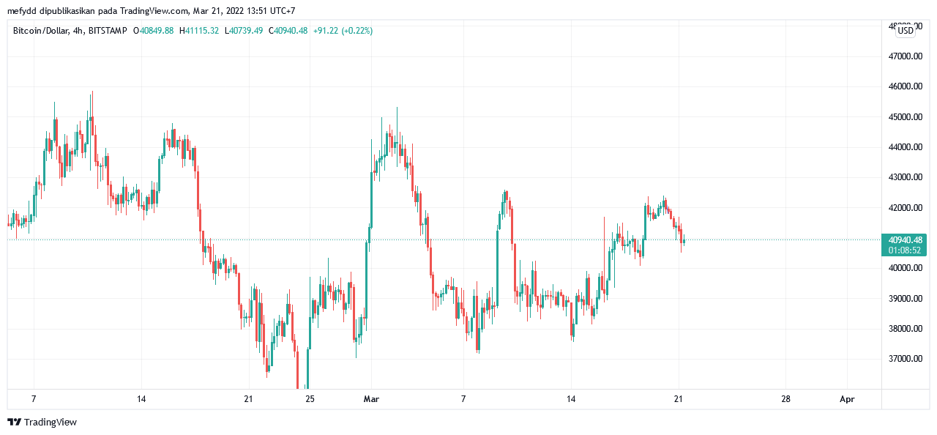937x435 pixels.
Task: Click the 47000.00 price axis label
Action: pyautogui.click(x=905, y=56)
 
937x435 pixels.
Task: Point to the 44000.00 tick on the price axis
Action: pyautogui.click(x=905, y=147)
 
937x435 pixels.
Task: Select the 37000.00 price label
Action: pyautogui.click(x=905, y=359)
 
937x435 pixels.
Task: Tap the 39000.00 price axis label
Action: pyautogui.click(x=905, y=299)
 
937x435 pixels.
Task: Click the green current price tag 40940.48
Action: pyautogui.click(x=906, y=239)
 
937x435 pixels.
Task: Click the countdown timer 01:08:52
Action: pyautogui.click(x=906, y=250)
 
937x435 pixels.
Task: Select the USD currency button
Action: pyautogui.click(x=906, y=31)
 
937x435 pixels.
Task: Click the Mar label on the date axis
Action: pyautogui.click(x=371, y=399)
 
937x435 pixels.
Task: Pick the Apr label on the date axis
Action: pyautogui.click(x=847, y=399)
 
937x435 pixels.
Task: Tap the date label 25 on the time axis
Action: pyautogui.click(x=310, y=399)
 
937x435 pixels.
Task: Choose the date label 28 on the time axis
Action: pyautogui.click(x=785, y=399)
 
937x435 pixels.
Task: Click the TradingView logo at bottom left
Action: pyautogui.click(x=42, y=423)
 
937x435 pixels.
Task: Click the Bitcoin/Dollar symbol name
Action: pyautogui.click(x=40, y=31)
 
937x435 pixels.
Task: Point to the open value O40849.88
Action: pyautogui.click(x=153, y=31)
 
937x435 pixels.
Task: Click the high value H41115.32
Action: pyautogui.click(x=198, y=31)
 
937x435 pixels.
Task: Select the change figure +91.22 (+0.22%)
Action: pyautogui.click(x=343, y=31)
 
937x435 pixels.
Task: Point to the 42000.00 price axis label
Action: pyautogui.click(x=905, y=208)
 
